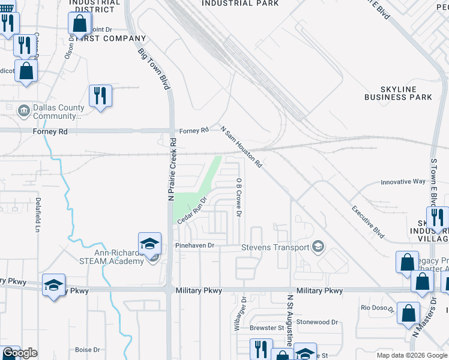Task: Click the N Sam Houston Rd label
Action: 241,146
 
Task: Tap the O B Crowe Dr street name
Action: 238,197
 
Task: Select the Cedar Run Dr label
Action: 192,211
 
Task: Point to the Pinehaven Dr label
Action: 194,246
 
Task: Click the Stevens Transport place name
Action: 275,247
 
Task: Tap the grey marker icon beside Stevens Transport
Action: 318,247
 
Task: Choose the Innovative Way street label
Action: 403,182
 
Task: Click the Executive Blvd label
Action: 367,222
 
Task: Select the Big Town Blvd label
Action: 154,69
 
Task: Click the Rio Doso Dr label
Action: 377,308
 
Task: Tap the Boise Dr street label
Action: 87,350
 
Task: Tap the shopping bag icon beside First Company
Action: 79,25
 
